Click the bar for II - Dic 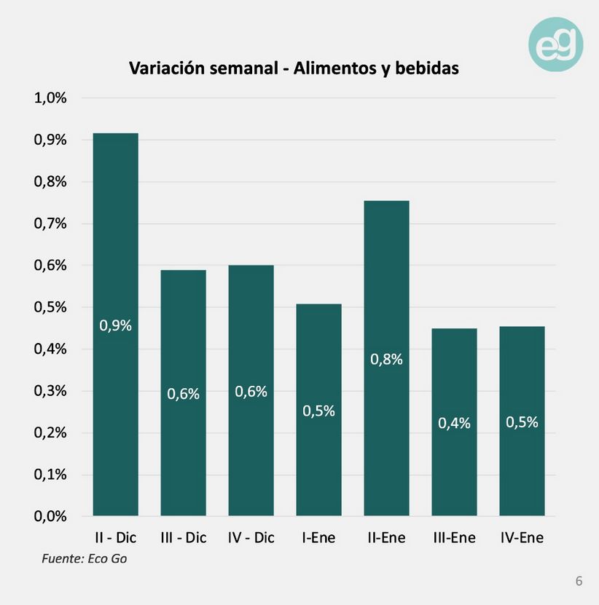coord(115,324)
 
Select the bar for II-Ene coord(386,358)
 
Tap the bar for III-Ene coord(454,422)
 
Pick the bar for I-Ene coord(318,410)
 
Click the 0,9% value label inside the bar coord(115,326)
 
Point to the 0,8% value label coord(386,359)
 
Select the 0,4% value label coord(454,423)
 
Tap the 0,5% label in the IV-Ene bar coord(522,422)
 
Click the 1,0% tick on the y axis coord(50,98)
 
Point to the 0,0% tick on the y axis coord(50,516)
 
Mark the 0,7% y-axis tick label coord(50,224)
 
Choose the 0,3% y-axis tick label coord(50,391)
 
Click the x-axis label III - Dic coord(183,538)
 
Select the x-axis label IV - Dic coord(251,538)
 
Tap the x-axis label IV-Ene coord(522,538)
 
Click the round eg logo coord(556,44)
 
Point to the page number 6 coord(579,581)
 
